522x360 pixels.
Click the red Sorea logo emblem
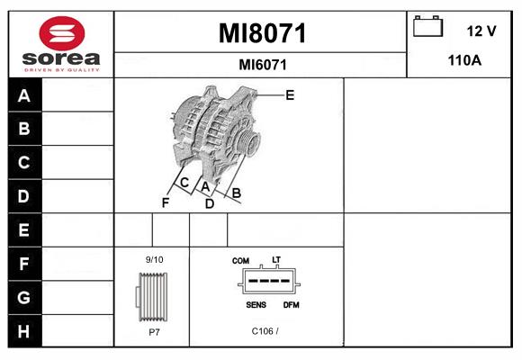pyautogui.click(x=62, y=33)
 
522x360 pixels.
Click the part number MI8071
pyautogui.click(x=262, y=33)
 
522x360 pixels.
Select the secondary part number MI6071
pyautogui.click(x=263, y=65)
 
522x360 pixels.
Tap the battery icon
pyautogui.click(x=427, y=26)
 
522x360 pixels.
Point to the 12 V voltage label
pyautogui.click(x=481, y=31)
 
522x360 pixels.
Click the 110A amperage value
pyautogui.click(x=464, y=60)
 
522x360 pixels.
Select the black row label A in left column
pyautogui.click(x=24, y=95)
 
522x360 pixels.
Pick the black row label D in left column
pyautogui.click(x=24, y=196)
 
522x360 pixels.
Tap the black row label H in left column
pyautogui.click(x=24, y=331)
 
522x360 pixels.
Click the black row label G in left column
pyautogui.click(x=24, y=297)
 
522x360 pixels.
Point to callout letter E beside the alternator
pyautogui.click(x=290, y=95)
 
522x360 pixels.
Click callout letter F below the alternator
pyautogui.click(x=166, y=202)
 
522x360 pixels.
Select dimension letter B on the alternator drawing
pyautogui.click(x=236, y=193)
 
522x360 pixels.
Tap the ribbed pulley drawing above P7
pyautogui.click(x=152, y=297)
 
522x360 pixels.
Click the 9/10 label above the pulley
pyautogui.click(x=154, y=259)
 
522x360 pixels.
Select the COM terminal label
pyautogui.click(x=240, y=261)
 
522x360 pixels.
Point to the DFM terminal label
pyautogui.click(x=292, y=305)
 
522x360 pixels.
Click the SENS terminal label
pyautogui.click(x=256, y=305)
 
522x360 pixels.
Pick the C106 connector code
pyautogui.click(x=262, y=331)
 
